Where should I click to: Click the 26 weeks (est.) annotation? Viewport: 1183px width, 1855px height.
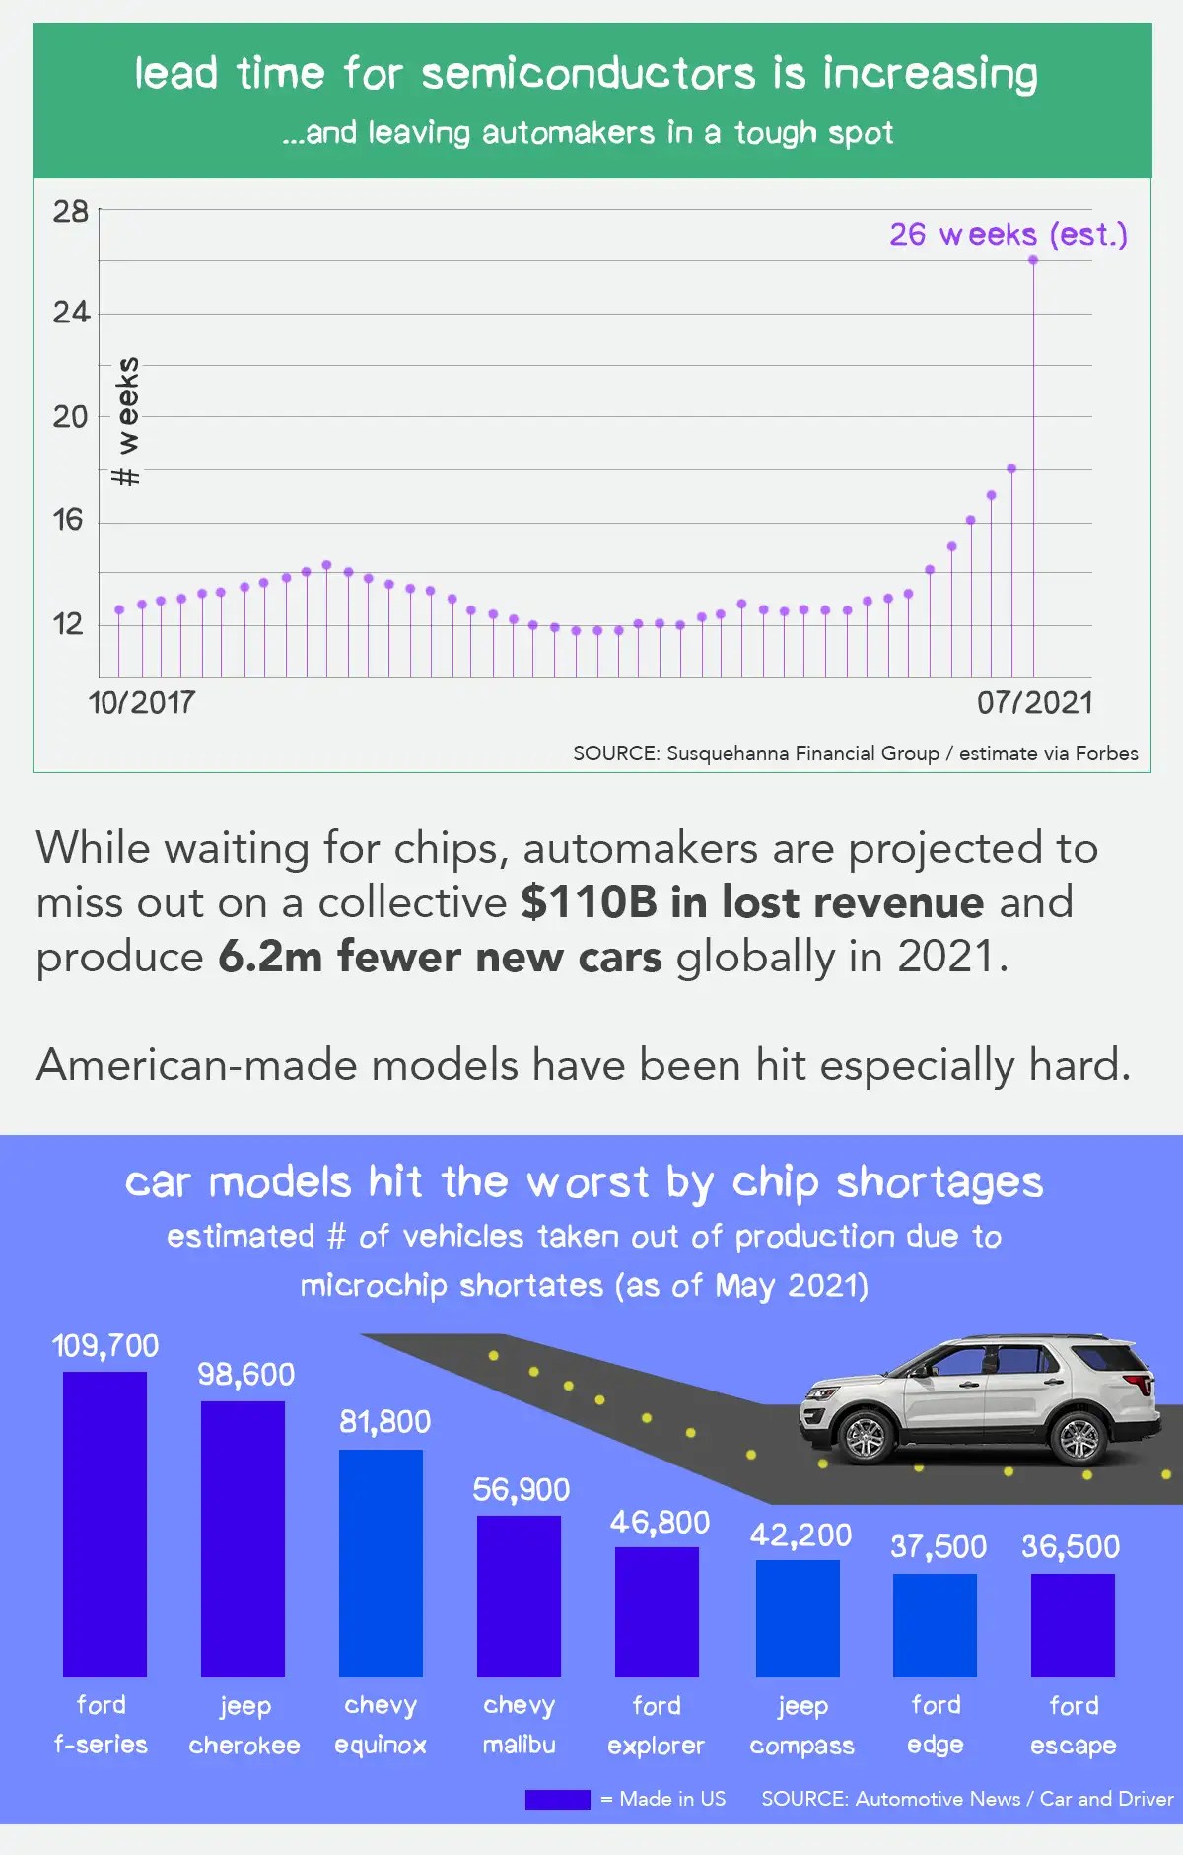[1008, 234]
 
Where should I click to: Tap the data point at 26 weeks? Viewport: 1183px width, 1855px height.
[1033, 260]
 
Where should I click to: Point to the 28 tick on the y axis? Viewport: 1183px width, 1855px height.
[70, 211]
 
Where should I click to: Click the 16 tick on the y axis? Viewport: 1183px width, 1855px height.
[68, 519]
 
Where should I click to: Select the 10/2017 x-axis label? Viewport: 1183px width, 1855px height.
[142, 702]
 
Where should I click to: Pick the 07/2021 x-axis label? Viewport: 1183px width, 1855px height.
[1035, 702]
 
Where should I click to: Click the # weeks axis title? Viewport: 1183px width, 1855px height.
[126, 421]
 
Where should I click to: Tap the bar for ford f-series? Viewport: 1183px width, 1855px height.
[104, 1524]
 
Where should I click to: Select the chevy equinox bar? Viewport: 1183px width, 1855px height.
[381, 1562]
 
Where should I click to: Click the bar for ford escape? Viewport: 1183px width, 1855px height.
[1073, 1624]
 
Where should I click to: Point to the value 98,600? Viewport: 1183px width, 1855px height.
[245, 1374]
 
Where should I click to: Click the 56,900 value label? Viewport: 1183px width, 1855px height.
[521, 1488]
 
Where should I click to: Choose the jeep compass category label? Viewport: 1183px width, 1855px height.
[801, 1725]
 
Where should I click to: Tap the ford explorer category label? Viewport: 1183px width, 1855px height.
[656, 1725]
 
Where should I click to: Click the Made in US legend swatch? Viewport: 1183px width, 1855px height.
[557, 1799]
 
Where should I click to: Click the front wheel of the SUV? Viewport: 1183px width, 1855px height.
[866, 1437]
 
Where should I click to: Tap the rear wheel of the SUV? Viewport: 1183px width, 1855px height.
[1078, 1437]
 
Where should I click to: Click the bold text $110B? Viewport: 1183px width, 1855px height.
[589, 901]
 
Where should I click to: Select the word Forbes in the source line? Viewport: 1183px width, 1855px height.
[1106, 753]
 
